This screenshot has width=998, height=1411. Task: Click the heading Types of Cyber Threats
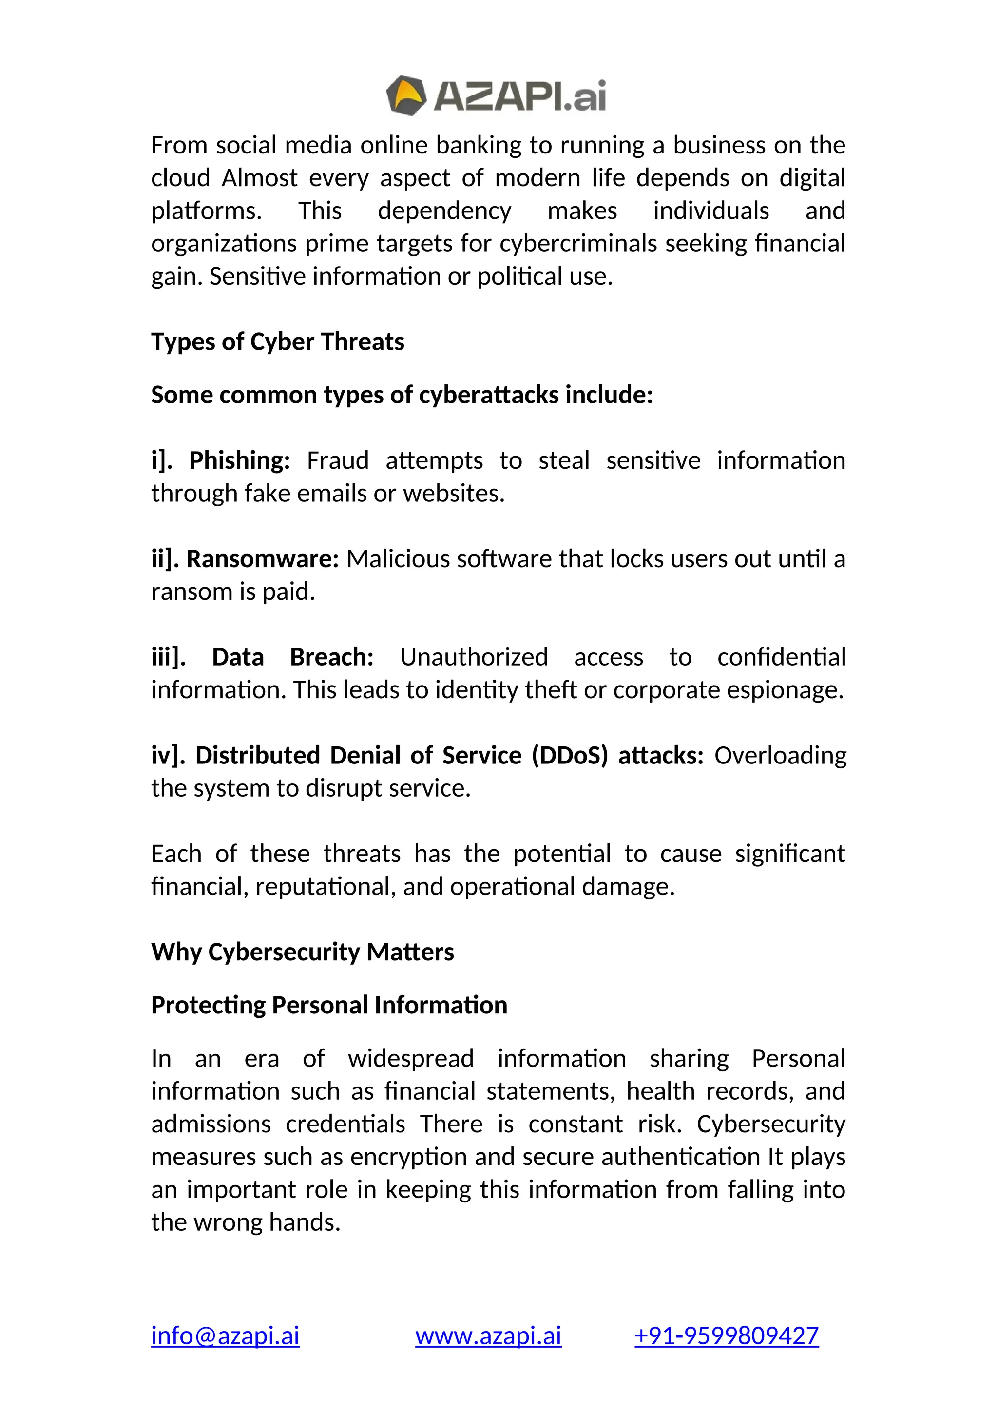click(x=277, y=342)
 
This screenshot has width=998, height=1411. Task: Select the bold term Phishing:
click(x=239, y=460)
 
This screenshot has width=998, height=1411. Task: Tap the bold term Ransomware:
click(x=262, y=559)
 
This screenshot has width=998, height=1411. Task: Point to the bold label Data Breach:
click(x=292, y=657)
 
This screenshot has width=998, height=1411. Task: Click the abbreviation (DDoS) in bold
click(x=569, y=755)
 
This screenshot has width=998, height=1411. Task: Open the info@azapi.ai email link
click(x=225, y=1335)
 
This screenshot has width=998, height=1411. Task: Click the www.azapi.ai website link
click(x=488, y=1335)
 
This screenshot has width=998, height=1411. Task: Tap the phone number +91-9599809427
click(x=727, y=1335)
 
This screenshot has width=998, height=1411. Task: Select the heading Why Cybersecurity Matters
click(x=302, y=952)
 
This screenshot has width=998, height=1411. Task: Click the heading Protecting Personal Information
click(x=329, y=1006)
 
